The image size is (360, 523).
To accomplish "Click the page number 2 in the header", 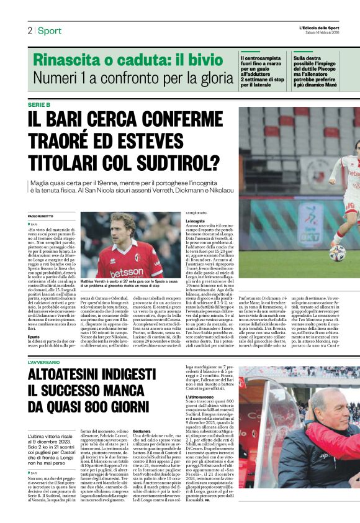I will pyautogui.click(x=29, y=30).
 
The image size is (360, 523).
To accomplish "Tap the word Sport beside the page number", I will pyautogui.click(x=50, y=30).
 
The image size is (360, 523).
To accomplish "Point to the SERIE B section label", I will pyautogui.click(x=40, y=104).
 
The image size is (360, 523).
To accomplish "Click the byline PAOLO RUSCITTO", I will pyautogui.click(x=42, y=215).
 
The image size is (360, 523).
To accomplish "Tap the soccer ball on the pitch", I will pyautogui.click(x=336, y=252).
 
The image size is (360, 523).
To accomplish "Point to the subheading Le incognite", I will pyautogui.click(x=195, y=221).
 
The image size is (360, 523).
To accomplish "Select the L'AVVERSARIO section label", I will pyautogui.click(x=44, y=362).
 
